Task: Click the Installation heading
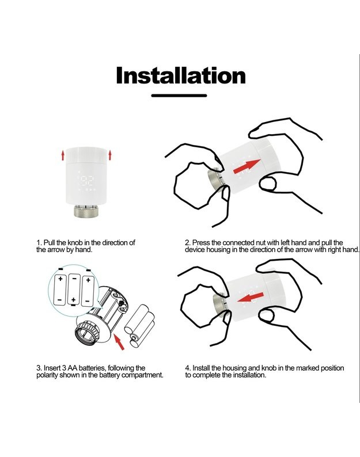point(181,75)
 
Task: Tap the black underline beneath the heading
point(179,96)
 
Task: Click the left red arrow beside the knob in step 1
point(63,155)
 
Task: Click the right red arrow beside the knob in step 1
point(110,155)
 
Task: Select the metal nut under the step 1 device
point(86,211)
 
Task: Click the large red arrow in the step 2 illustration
point(247,167)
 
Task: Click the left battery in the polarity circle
point(60,290)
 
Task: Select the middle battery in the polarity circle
point(74,290)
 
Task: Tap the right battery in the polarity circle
point(88,291)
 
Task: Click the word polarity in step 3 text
point(47,375)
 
